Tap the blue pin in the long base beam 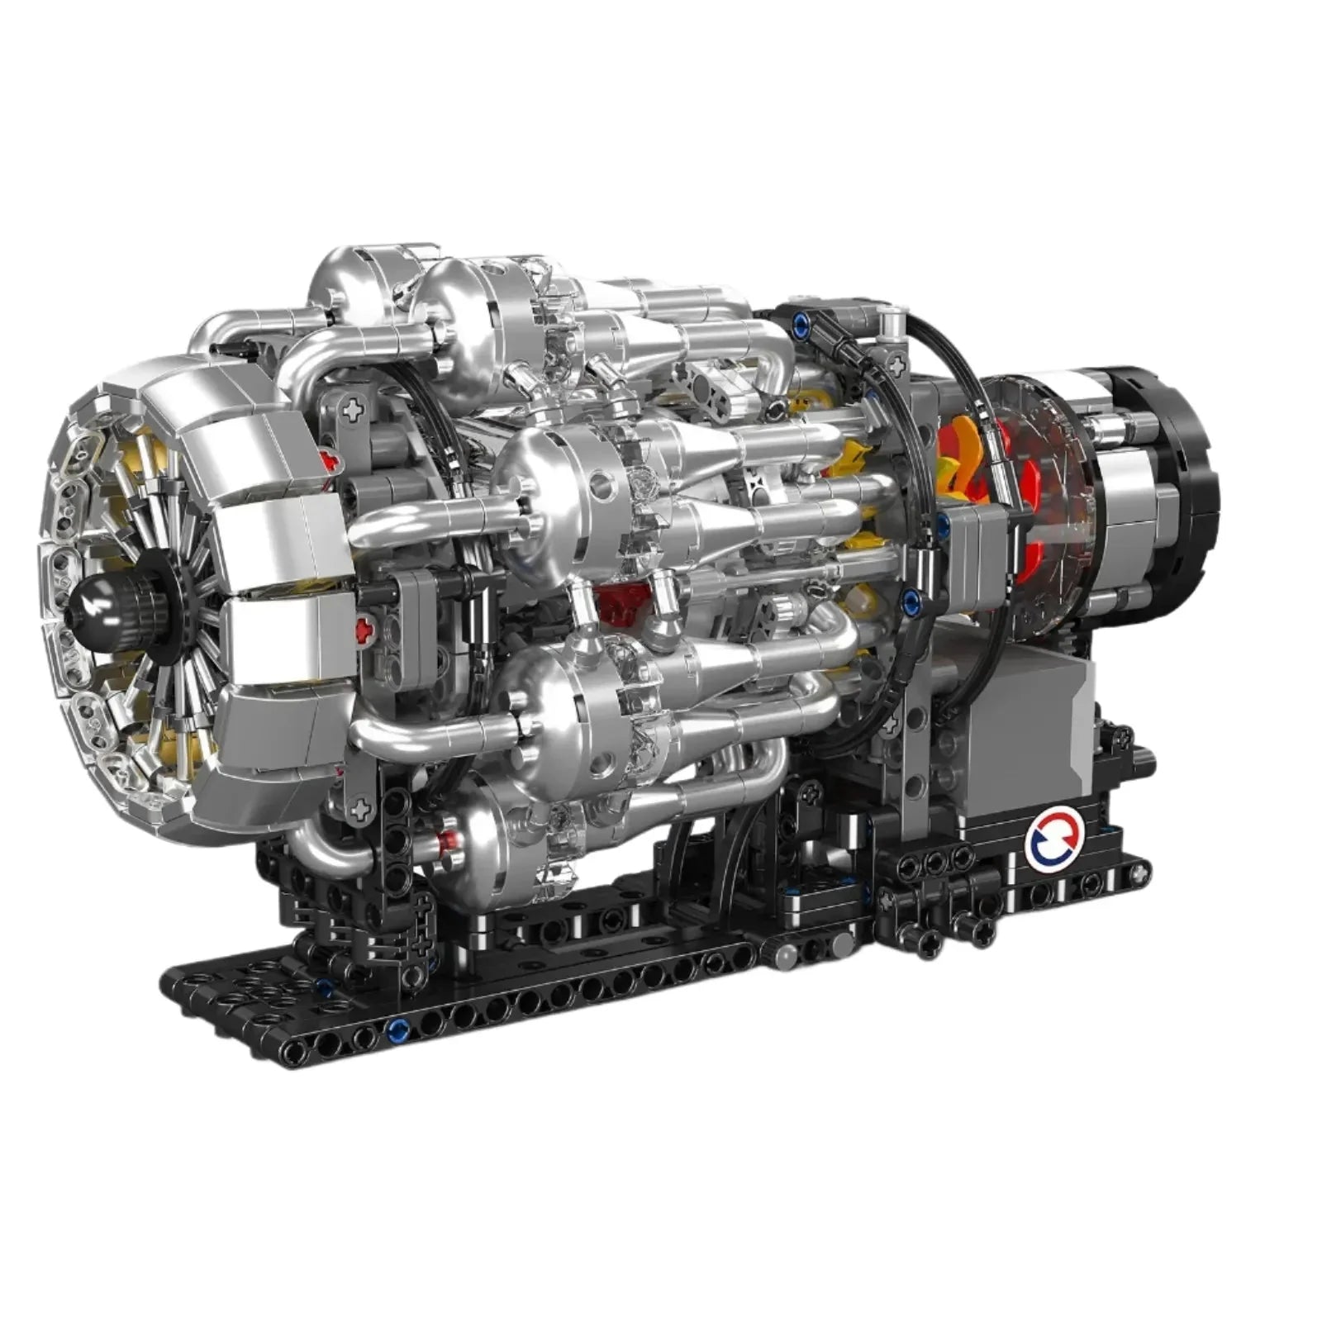coord(397,1030)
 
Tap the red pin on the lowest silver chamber coord(447,843)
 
